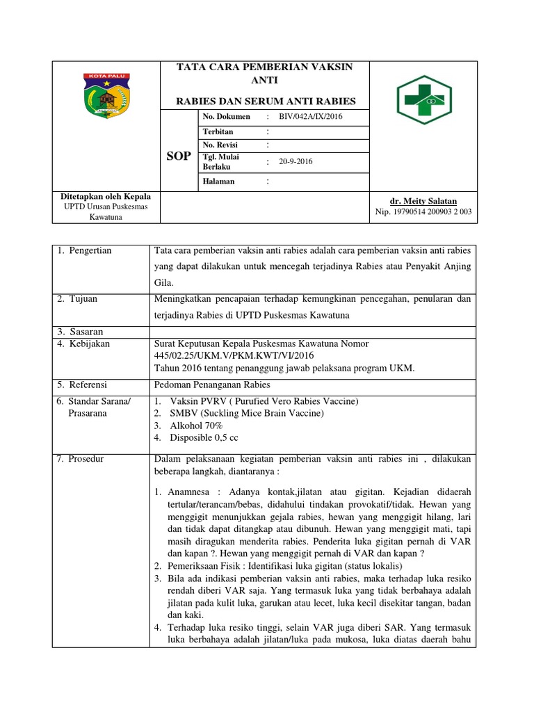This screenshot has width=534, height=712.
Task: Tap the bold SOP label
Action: [x=178, y=156]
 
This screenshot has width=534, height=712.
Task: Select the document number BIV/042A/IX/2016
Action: [x=311, y=117]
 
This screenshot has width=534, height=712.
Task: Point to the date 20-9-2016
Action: [x=296, y=161]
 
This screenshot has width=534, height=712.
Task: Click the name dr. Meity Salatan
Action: [x=423, y=200]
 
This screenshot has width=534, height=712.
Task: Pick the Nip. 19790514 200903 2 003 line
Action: [x=423, y=211]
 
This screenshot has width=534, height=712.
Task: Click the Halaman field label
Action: [x=218, y=181]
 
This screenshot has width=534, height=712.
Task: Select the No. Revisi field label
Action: [x=220, y=145]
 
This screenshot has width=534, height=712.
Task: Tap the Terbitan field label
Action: [x=218, y=131]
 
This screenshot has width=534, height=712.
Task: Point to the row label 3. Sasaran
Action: [x=80, y=331]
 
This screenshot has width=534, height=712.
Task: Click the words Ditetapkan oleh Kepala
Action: [x=106, y=197]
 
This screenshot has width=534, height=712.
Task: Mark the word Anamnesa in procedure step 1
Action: [x=188, y=492]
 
